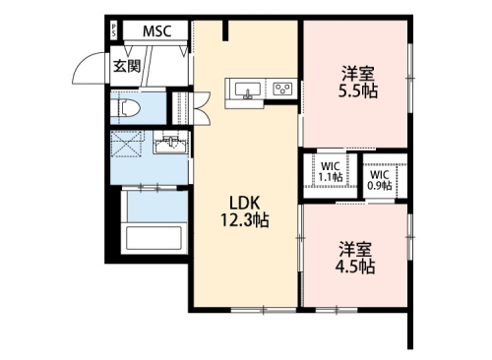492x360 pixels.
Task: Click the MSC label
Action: tap(156, 31)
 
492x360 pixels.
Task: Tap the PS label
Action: tap(114, 30)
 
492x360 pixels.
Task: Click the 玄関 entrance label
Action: tap(127, 66)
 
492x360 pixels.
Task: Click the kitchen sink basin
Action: tap(248, 90)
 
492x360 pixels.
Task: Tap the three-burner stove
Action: tap(283, 89)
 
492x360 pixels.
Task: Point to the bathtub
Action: tap(154, 238)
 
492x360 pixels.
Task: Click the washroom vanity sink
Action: tap(170, 143)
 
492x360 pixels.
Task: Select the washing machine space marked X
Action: tap(127, 145)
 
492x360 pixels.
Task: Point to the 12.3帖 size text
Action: tap(245, 220)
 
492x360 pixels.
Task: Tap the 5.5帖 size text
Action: tap(358, 90)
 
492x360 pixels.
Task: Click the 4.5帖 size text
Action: tap(355, 267)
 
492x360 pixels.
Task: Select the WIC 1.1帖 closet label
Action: tap(331, 172)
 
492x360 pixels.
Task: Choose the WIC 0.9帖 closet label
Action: tap(380, 180)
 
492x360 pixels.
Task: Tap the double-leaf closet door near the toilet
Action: tap(201, 108)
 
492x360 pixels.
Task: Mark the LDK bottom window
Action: tap(264, 310)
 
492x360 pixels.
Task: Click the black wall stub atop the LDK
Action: tap(225, 30)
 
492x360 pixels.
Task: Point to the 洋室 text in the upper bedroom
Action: tap(358, 74)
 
